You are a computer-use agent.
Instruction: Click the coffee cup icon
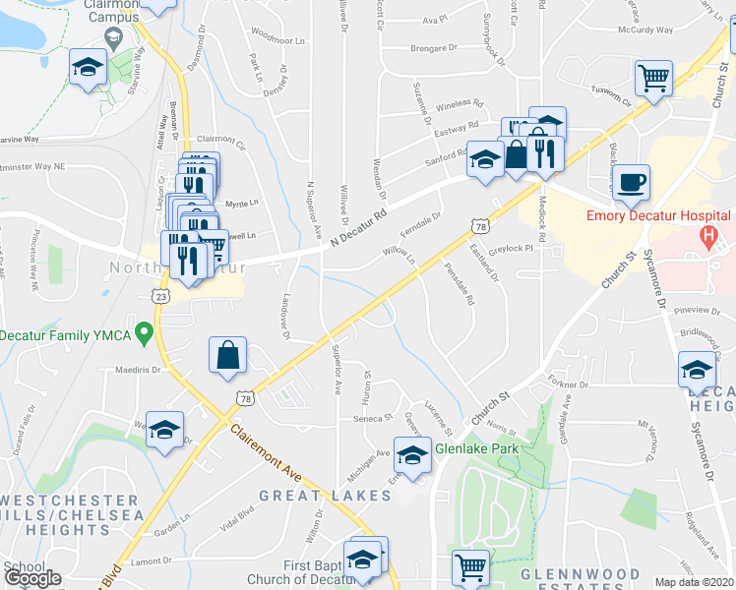coord(631,182)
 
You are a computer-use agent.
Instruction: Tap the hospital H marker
coord(705,236)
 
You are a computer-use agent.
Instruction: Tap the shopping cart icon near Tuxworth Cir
coord(652,78)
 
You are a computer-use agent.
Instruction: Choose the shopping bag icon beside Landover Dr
coord(227,355)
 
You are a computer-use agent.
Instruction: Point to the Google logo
coord(31,578)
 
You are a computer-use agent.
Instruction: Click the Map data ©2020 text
coord(694,582)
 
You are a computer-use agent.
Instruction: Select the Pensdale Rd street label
coord(458,283)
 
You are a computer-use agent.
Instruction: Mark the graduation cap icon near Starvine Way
coord(88,67)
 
